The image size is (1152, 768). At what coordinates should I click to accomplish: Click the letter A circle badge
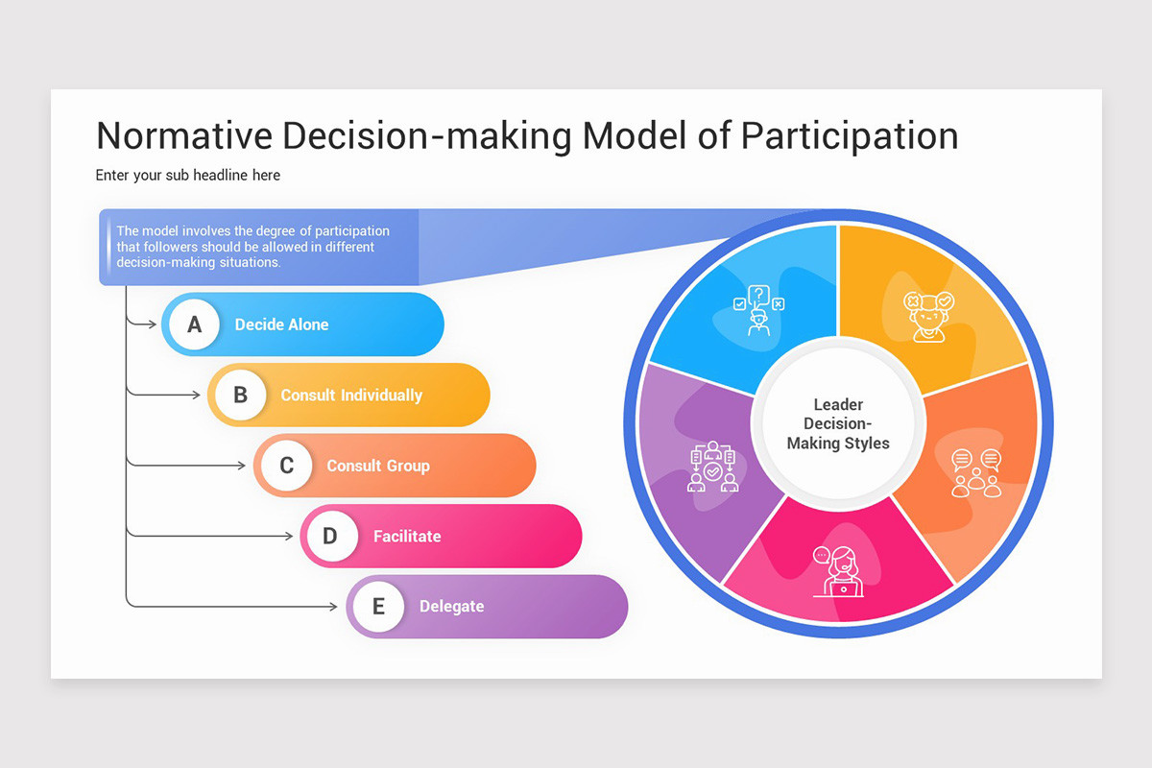[195, 324]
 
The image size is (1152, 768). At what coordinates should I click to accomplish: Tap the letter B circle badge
[241, 395]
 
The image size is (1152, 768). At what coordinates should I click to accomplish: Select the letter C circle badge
[287, 466]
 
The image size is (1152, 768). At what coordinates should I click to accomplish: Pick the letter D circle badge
[330, 536]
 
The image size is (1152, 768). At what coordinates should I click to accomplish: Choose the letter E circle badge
[378, 607]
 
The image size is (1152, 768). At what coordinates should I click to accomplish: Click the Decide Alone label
[281, 324]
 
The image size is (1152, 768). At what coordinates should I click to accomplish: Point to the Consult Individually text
[351, 395]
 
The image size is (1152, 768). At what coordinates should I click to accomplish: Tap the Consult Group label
[378, 466]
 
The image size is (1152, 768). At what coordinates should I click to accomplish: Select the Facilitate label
[407, 536]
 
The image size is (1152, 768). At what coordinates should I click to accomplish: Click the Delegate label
[451, 607]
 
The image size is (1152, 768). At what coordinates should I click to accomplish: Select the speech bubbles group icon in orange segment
[976, 472]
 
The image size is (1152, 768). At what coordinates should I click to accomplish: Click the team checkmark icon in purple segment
[712, 467]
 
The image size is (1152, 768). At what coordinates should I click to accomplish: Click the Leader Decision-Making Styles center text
[838, 424]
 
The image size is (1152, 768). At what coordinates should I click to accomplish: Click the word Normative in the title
[182, 135]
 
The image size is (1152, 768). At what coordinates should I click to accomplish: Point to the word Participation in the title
[850, 135]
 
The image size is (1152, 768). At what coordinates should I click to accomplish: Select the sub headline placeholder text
[188, 175]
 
